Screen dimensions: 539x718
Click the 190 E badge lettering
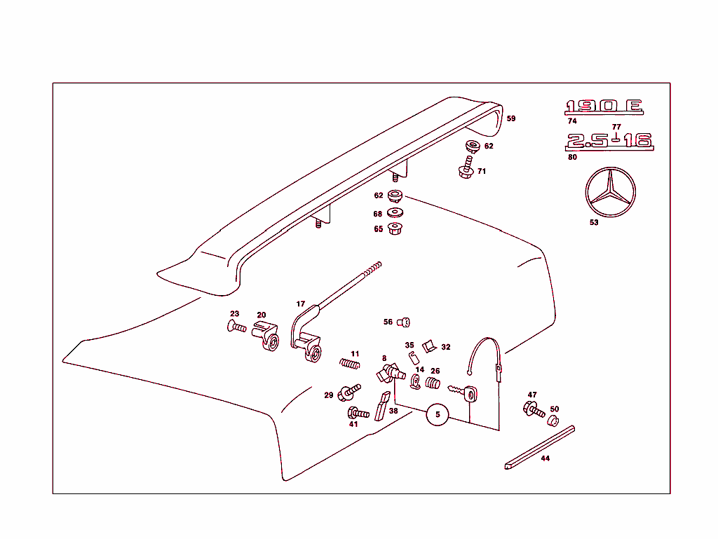pos(604,107)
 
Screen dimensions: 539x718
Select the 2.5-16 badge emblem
pos(609,141)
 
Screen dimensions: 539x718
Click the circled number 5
pos(438,415)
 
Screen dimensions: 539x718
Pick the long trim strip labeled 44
pos(538,446)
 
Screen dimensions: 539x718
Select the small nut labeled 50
pos(553,421)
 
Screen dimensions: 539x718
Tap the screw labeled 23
pos(236,326)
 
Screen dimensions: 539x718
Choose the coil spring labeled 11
pos(350,363)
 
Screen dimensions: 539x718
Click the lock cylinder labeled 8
pos(389,372)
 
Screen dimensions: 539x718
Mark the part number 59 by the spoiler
pos(511,118)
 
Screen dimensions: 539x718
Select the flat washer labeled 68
pos(395,213)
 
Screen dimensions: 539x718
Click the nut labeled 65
pos(395,228)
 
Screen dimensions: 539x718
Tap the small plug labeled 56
pos(403,322)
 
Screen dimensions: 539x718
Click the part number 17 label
pos(301,304)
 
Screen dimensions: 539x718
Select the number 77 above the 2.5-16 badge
pos(616,127)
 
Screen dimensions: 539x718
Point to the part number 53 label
pos(594,224)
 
